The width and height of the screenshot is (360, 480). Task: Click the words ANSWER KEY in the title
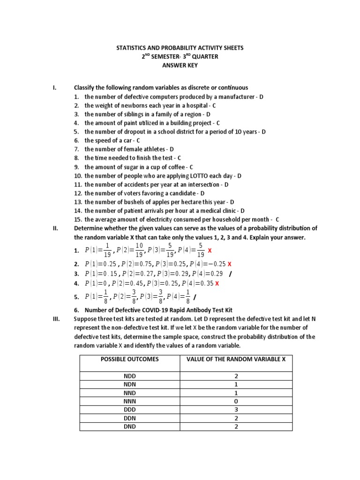[x=180, y=65]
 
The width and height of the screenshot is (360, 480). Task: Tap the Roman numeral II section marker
[x=55, y=228]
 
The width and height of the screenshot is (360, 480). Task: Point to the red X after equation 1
[x=210, y=251]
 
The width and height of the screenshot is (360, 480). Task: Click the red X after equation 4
[x=217, y=284]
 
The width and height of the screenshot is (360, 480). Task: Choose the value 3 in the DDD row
[x=236, y=410]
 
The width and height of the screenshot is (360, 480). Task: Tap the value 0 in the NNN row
[x=236, y=401]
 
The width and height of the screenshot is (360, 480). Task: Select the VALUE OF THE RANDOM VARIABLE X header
[x=236, y=359]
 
